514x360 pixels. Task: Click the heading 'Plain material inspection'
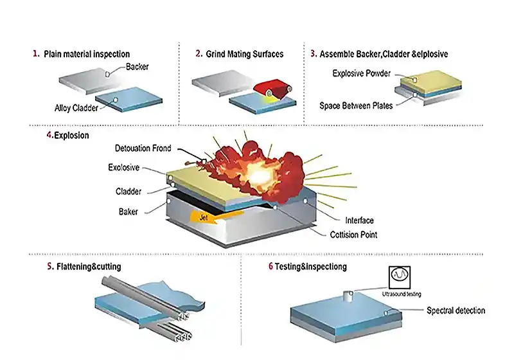coord(87,54)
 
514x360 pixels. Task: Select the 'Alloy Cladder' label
coord(76,108)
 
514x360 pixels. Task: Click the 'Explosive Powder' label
coord(362,73)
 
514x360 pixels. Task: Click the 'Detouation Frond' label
coord(143,148)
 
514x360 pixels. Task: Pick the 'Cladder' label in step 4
coord(128,191)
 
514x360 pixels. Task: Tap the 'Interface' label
coord(359,221)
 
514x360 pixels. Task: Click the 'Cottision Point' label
coord(354,235)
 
